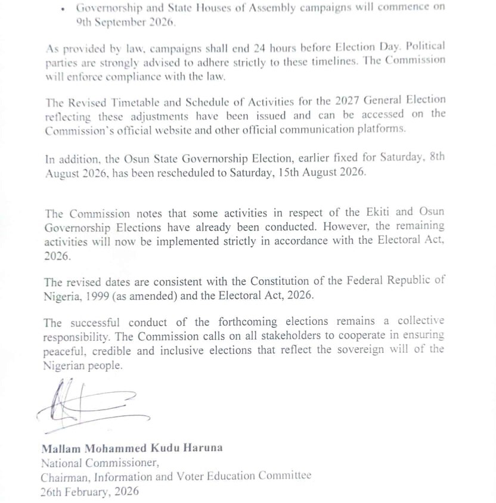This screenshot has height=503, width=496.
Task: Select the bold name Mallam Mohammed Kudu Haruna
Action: (132, 448)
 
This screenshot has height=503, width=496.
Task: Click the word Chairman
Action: (64, 476)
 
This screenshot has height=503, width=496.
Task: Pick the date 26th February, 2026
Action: (89, 491)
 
